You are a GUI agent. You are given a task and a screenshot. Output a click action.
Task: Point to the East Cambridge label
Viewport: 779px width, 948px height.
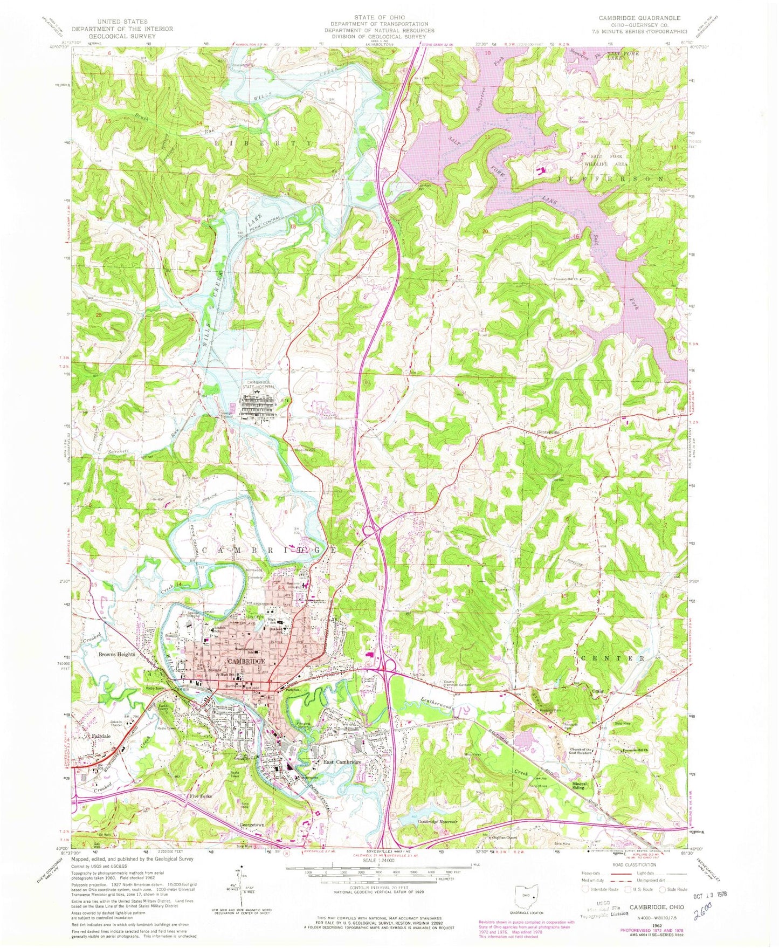[x=341, y=761]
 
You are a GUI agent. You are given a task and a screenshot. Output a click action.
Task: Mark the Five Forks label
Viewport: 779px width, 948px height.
[x=201, y=796]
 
